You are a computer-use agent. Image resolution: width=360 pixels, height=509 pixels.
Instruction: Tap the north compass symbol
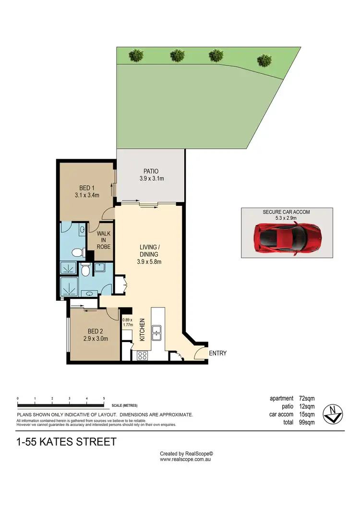pyautogui.click(x=333, y=413)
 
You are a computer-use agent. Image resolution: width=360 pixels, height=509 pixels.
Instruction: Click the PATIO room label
pyautogui.click(x=151, y=171)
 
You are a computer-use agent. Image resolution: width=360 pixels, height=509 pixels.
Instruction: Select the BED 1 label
pyautogui.click(x=86, y=188)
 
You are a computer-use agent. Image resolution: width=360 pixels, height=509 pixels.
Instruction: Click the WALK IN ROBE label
pyautogui.click(x=104, y=240)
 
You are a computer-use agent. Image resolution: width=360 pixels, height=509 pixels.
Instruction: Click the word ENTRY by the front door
pyautogui.click(x=217, y=354)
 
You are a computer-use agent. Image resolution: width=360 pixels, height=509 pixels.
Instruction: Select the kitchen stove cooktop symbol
pyautogui.click(x=143, y=355)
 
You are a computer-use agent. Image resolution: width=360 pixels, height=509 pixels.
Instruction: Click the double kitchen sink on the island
pyautogui.click(x=157, y=331)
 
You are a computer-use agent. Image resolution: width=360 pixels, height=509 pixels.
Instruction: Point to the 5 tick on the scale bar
pyautogui.click(x=104, y=399)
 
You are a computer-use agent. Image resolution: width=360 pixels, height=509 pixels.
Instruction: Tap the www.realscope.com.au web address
pyautogui.click(x=186, y=459)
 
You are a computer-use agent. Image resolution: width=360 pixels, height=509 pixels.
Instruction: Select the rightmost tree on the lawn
pyautogui.click(x=264, y=60)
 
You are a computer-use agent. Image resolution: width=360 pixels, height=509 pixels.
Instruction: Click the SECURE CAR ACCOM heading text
pyautogui.click(x=287, y=212)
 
